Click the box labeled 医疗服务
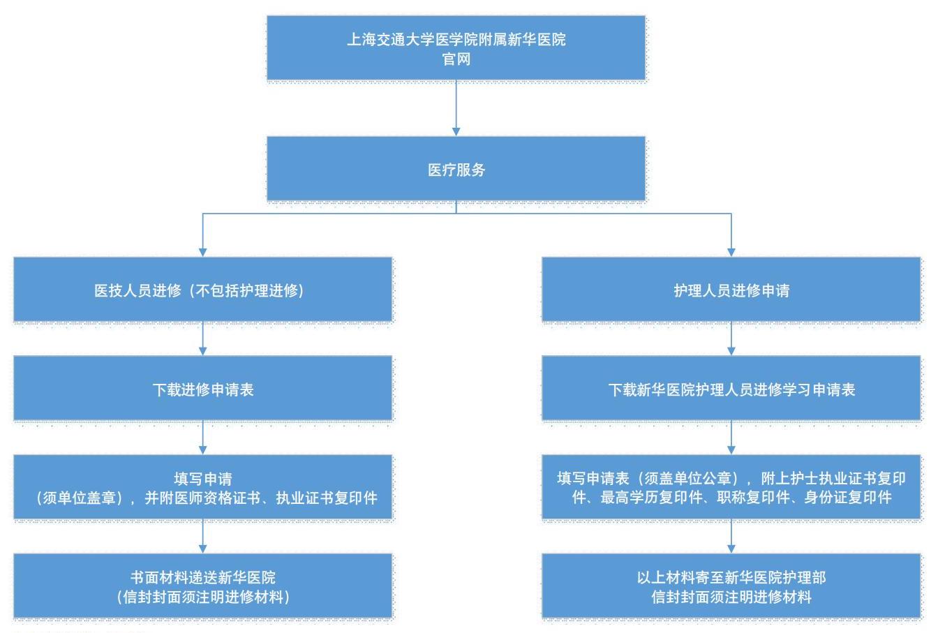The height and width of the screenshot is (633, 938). click(456, 168)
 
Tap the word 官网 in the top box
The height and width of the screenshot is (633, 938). click(456, 59)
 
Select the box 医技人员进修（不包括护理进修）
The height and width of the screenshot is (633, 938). click(202, 290)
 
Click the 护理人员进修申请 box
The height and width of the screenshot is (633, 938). click(731, 290)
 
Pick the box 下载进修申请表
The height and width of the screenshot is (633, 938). click(202, 388)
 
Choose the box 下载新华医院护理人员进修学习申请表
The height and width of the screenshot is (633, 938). click(731, 388)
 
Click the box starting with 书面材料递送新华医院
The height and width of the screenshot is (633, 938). click(202, 586)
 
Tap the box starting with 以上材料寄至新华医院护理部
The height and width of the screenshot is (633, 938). click(731, 586)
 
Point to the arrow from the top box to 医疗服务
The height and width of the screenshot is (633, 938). click(456, 108)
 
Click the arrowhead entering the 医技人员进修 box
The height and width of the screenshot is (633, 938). click(202, 253)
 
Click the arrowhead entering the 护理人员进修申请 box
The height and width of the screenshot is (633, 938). click(731, 253)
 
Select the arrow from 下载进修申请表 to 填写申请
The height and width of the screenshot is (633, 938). click(202, 438)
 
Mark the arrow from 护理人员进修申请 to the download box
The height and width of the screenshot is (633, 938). click(731, 338)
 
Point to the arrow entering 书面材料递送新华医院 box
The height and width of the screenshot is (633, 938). click(202, 536)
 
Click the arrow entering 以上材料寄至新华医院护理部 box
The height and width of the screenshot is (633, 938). click(731, 536)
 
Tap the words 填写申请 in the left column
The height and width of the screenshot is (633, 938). click(202, 479)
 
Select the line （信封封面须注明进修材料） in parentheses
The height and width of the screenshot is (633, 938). click(202, 597)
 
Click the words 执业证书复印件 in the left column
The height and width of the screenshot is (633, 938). click(327, 498)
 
